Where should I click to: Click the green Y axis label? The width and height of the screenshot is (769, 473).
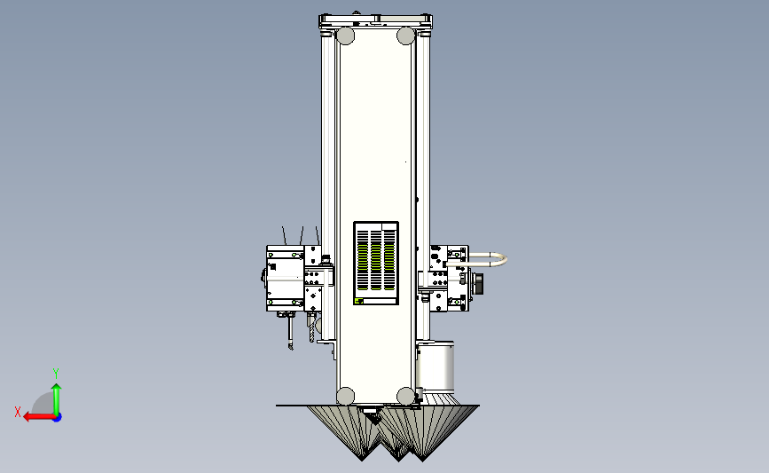[56, 374]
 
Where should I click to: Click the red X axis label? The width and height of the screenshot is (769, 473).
[18, 412]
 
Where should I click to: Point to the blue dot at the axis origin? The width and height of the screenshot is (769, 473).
[57, 418]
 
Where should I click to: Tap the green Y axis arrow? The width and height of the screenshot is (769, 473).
[57, 399]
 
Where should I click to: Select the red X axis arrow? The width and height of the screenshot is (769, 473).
[39, 417]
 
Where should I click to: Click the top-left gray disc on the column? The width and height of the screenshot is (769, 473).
[345, 35]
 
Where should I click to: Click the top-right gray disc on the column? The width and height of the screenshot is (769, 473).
[405, 35]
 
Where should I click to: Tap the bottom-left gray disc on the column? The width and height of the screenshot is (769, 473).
[345, 396]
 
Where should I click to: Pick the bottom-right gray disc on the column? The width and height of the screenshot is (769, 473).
[405, 396]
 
